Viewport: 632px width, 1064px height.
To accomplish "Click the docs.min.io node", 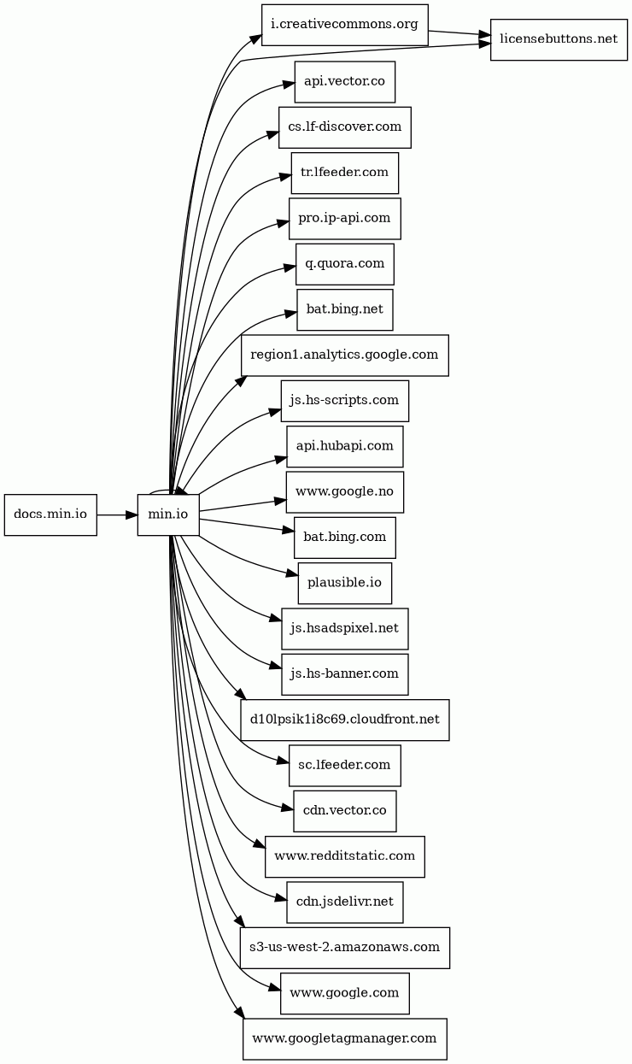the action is [50, 514].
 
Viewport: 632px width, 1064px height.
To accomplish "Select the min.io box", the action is [168, 514].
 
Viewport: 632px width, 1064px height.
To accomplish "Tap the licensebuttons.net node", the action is [559, 40].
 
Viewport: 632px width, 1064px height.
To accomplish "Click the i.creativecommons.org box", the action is [345, 25].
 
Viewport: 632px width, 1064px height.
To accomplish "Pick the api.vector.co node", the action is [345, 82].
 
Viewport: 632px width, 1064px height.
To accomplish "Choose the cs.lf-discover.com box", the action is [345, 127].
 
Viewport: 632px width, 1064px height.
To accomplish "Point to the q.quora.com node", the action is [345, 264].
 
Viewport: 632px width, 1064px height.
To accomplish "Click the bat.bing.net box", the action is [345, 309].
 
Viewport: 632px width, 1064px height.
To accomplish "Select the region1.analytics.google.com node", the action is [345, 356].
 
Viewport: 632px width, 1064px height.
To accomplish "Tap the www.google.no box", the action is [345, 492].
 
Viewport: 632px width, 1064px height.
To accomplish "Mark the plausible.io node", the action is [345, 584].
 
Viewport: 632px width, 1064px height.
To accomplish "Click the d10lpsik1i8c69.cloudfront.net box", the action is [345, 720].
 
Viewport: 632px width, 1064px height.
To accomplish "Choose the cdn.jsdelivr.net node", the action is [345, 902].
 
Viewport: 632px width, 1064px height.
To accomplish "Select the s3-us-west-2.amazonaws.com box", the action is [345, 948].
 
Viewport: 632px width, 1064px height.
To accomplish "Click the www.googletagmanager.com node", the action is [345, 1039].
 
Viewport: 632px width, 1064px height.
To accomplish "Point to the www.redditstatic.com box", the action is [345, 857].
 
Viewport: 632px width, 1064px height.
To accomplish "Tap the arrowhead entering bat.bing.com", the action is [289, 530].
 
